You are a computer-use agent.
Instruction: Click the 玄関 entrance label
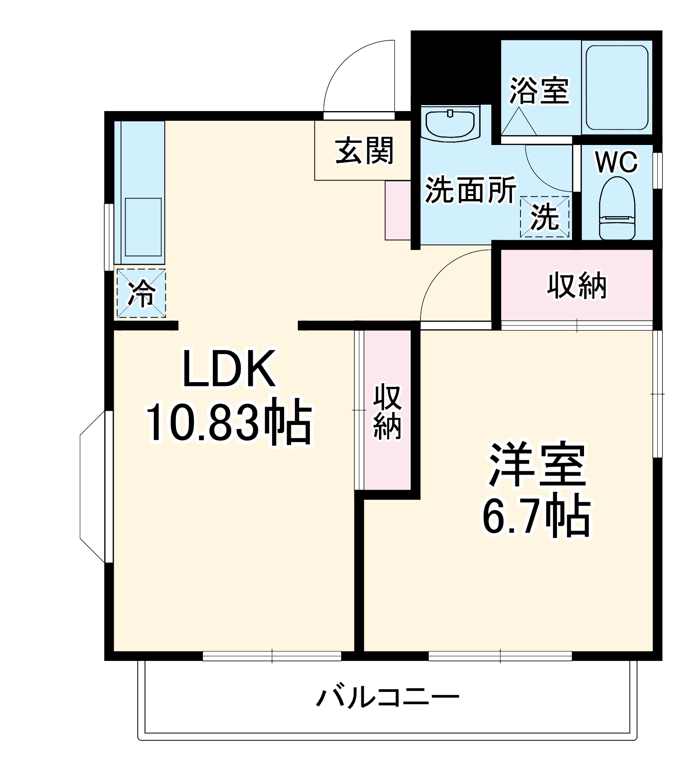click(x=364, y=151)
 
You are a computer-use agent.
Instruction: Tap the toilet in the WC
click(x=617, y=209)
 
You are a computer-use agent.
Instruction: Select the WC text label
click(x=616, y=162)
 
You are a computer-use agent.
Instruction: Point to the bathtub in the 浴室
click(x=617, y=87)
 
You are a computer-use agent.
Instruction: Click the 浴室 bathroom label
click(x=539, y=90)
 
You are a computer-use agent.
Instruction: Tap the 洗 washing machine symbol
click(x=545, y=217)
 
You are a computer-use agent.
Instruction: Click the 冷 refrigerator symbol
click(x=141, y=293)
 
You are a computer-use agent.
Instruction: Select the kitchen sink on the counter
click(x=143, y=227)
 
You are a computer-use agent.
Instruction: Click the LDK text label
click(x=229, y=369)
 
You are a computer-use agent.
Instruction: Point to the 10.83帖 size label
click(x=229, y=424)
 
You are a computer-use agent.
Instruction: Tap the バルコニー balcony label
click(x=387, y=697)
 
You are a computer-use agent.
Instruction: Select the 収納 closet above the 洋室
click(x=577, y=285)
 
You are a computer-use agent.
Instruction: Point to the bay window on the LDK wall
click(x=92, y=487)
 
